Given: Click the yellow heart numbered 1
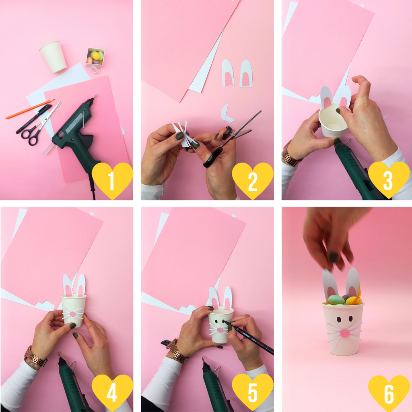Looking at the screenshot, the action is [x=112, y=180].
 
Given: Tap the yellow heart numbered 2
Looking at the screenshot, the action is [x=253, y=180].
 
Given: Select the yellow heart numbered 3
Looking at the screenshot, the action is [x=389, y=179].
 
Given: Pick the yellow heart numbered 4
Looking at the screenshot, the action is [x=112, y=392].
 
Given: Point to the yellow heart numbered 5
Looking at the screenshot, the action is [x=253, y=392].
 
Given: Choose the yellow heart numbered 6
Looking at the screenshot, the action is [x=389, y=393].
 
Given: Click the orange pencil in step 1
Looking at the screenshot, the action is [x=30, y=109].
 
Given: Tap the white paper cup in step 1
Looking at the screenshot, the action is [x=54, y=57].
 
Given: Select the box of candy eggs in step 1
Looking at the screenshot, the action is [x=95, y=58].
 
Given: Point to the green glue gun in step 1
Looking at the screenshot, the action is [x=76, y=134].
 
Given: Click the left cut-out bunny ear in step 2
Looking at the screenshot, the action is [x=228, y=73].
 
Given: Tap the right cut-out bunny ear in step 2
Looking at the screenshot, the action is [x=246, y=74].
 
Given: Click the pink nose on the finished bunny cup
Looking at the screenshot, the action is [x=345, y=334].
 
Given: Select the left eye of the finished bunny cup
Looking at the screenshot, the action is [x=339, y=319].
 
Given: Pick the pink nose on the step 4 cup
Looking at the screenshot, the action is [x=72, y=314].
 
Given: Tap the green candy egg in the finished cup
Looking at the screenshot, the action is [x=336, y=300].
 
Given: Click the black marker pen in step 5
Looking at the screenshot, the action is [x=249, y=336].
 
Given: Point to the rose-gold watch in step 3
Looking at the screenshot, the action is [x=290, y=154].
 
